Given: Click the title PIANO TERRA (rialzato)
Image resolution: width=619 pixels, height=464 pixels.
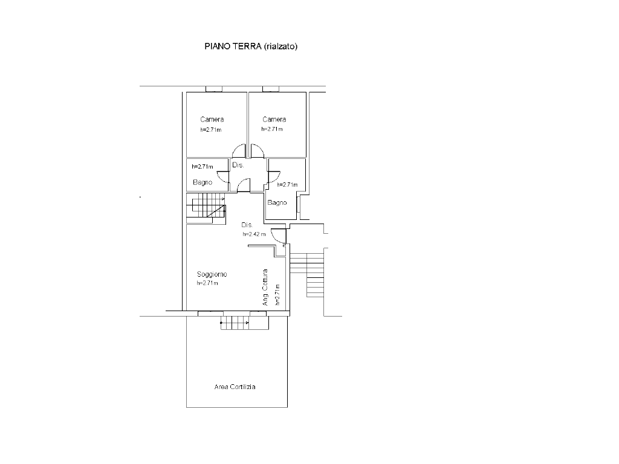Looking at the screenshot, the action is click(x=251, y=47).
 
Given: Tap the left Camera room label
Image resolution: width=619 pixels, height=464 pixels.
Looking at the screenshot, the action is click(x=212, y=119).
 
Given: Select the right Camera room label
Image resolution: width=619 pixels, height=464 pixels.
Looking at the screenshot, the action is click(x=274, y=119).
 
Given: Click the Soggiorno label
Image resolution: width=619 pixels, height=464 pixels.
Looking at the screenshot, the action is click(x=212, y=274).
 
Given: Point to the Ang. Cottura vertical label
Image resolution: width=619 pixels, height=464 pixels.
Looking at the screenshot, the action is click(x=265, y=287).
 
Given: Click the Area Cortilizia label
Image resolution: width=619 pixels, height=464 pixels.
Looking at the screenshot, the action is click(x=235, y=387).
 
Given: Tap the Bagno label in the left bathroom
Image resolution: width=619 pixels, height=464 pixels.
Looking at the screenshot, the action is click(x=203, y=182).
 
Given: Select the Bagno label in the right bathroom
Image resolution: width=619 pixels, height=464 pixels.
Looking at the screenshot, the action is click(x=277, y=202).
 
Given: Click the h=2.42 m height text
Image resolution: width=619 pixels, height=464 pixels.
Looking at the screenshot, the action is click(x=254, y=234).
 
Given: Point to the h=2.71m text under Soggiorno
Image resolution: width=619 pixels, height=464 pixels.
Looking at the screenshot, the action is click(x=208, y=283).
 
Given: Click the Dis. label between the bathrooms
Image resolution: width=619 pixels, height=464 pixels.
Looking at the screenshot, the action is click(x=238, y=165).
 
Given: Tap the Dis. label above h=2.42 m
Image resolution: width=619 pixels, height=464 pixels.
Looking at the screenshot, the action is click(x=247, y=225).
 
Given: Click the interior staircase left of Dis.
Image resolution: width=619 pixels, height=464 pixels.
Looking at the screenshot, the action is click(x=206, y=208).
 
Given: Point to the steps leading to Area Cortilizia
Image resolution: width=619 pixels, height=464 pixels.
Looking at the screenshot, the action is click(x=245, y=323).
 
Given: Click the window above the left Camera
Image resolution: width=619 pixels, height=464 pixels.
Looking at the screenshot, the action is click(x=214, y=89).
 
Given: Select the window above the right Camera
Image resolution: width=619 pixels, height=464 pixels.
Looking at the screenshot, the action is click(x=271, y=89).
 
